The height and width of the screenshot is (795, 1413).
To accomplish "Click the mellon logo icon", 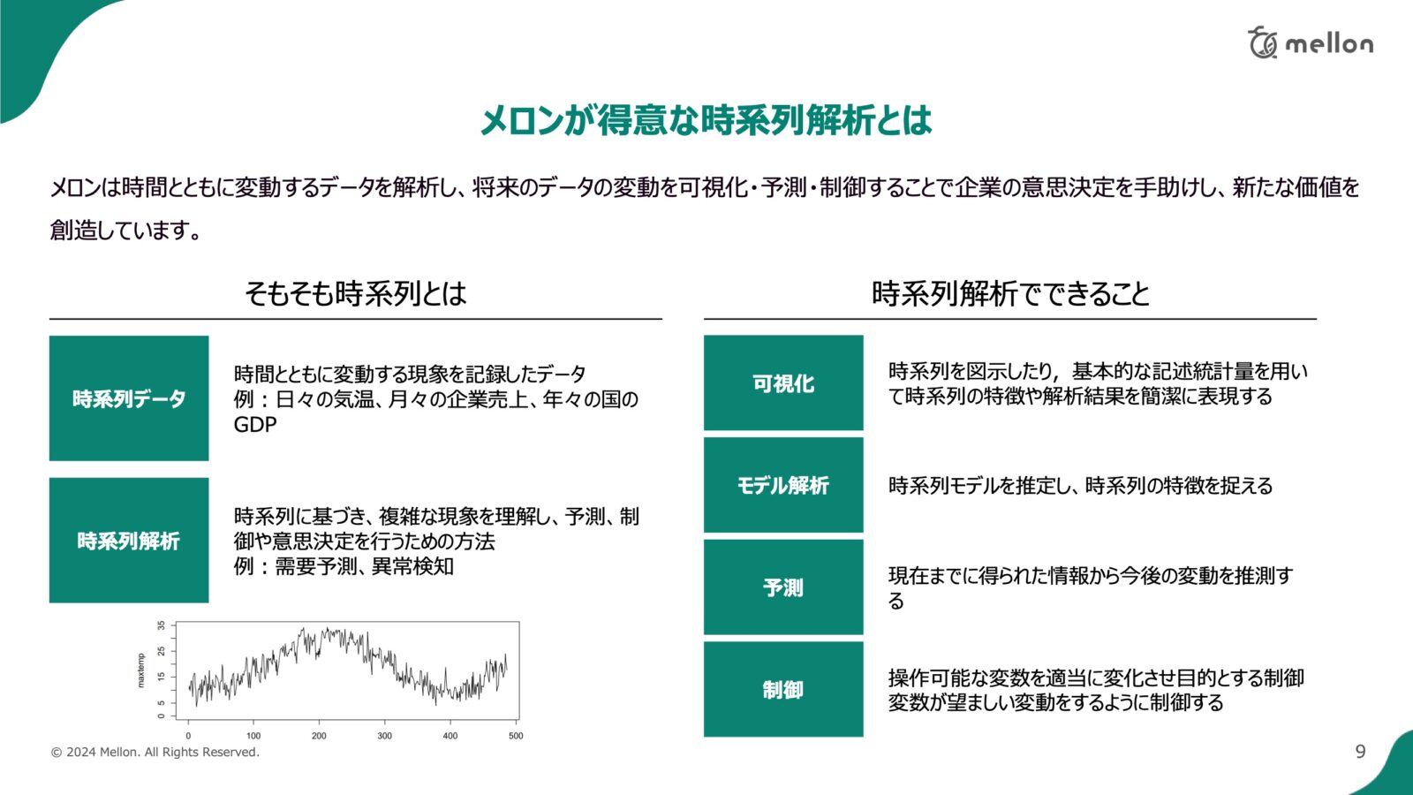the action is pos(1263,42).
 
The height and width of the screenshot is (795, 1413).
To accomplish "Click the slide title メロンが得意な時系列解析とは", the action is pos(706,120).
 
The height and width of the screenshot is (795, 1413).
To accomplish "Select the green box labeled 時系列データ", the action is pos(129,398).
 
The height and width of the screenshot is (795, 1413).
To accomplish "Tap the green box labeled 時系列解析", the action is pos(129,540).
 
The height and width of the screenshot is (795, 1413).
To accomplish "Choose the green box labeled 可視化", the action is pos(783,382).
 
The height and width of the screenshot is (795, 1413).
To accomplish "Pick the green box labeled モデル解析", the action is pos(783,485).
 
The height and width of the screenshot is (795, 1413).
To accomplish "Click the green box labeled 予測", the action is pos(783,587).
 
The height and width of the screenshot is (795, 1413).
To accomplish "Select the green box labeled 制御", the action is pos(783,689).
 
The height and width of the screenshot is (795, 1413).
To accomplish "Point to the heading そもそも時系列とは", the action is pos(356,293).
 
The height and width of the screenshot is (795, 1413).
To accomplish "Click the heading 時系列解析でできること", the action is pos(1010,293).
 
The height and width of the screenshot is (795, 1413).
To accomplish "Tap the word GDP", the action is pos(255,425).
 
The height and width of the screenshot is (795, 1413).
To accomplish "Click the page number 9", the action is pos(1361,751).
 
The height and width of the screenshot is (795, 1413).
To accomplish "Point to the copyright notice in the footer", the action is pos(155,752).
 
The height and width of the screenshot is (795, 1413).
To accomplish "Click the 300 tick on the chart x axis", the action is pos(385,736).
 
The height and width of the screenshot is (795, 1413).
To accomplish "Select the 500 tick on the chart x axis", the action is pos(516,736).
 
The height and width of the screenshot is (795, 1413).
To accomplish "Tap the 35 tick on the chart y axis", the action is pos(162,625).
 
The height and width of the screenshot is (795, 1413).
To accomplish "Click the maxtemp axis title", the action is pos(140,670).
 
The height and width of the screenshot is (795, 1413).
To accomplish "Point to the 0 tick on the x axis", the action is pos(188,736).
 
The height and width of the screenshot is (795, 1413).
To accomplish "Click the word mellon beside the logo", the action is pos(1329,43).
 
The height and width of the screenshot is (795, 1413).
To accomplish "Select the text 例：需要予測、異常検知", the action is pos(344,566).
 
